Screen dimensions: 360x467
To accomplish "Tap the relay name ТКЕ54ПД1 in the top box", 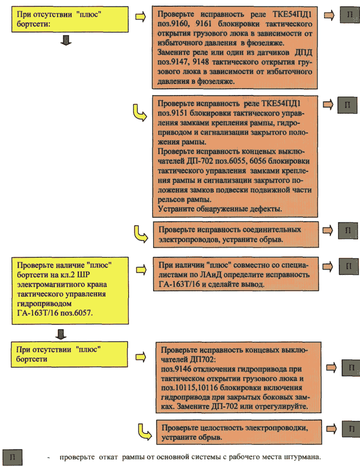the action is (292, 14).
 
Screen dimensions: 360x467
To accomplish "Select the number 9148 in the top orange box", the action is (201, 62).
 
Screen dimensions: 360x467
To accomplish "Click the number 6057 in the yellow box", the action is (83, 313).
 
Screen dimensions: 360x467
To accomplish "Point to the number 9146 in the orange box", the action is (183, 369).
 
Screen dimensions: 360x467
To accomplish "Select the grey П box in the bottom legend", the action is (12, 457).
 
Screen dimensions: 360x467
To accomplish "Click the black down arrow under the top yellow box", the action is (66, 40).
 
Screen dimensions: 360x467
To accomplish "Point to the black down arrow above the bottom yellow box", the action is (61, 334).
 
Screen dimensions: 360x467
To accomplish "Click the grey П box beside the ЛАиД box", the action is (348, 266).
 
